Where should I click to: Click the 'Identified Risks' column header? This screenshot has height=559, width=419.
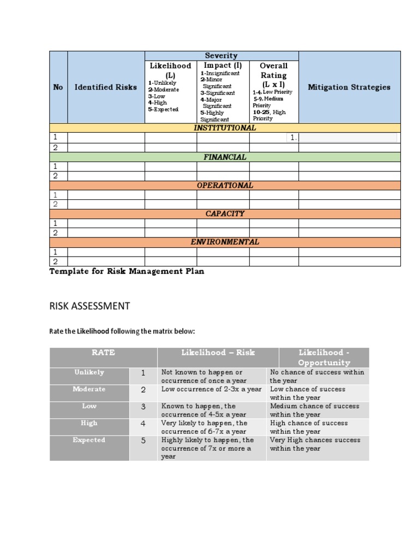[106, 87]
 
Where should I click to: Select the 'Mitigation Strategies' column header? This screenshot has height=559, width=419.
[349, 87]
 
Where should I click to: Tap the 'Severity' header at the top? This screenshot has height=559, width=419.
[221, 56]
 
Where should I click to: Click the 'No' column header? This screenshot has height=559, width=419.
[58, 87]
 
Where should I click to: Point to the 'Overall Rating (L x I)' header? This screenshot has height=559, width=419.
[273, 75]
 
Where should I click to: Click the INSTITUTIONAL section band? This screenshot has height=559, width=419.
[225, 128]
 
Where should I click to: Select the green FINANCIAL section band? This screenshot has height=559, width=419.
[225, 157]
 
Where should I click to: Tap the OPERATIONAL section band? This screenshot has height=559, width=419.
[225, 185]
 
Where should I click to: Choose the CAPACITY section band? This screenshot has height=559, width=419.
[225, 213]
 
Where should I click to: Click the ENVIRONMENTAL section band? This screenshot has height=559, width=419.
[225, 242]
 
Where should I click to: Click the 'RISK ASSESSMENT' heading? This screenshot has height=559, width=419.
[89, 306]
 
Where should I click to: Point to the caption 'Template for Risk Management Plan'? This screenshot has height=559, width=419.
[127, 271]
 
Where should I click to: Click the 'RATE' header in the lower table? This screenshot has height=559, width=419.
[103, 353]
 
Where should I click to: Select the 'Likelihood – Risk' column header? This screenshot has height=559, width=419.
[218, 353]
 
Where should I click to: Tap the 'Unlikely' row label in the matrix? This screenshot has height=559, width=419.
[89, 372]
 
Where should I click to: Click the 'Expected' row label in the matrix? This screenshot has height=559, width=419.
[89, 440]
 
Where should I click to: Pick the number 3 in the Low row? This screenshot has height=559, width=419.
[143, 407]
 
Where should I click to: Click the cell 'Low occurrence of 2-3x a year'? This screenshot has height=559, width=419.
[212, 389]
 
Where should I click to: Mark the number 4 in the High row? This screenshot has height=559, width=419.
[143, 424]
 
